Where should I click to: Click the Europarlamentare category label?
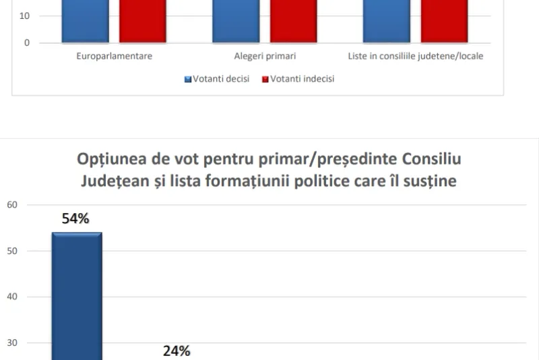[x=113, y=56]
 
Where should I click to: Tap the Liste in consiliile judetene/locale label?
[x=415, y=56]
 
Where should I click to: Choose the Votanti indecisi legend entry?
[x=298, y=79]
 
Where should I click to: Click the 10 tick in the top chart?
[x=25, y=16]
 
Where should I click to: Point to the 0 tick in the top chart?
[x=27, y=43]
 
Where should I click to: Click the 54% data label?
[x=75, y=218]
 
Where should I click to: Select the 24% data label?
[x=176, y=351]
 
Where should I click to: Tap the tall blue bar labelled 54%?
[x=77, y=297]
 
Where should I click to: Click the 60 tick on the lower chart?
[x=12, y=205]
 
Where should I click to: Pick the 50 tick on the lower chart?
[x=12, y=251]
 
